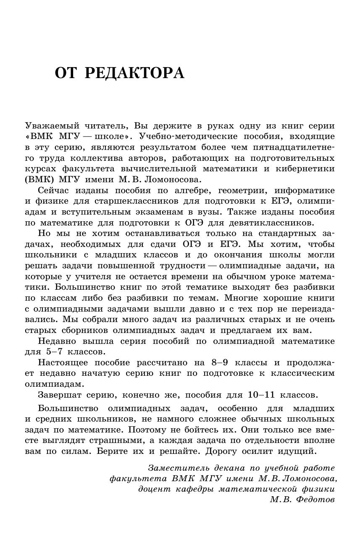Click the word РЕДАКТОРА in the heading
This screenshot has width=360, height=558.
click(x=134, y=73)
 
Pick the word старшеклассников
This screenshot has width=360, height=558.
click(x=142, y=201)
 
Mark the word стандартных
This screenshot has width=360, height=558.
click(x=270, y=233)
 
